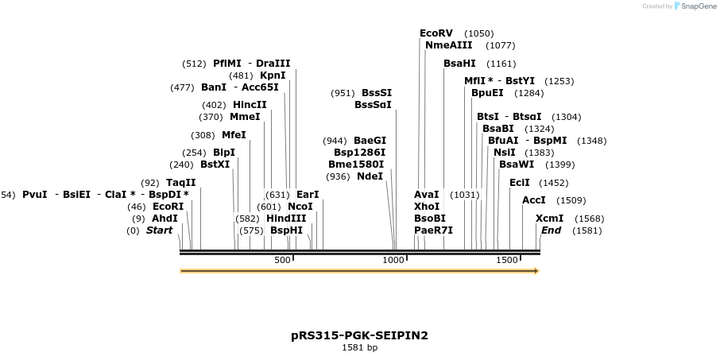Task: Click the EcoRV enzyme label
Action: [x=436, y=33]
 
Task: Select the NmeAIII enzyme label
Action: [x=448, y=45]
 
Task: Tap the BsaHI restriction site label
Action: [x=459, y=63]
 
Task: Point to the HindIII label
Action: [x=285, y=218]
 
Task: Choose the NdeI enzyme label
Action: [x=370, y=176]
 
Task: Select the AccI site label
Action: [x=533, y=200]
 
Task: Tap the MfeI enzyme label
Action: [x=234, y=135]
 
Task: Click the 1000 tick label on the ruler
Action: [x=394, y=261]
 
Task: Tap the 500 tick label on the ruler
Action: [x=282, y=261]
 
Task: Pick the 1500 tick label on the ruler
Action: [x=507, y=261]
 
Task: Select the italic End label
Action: [x=551, y=230]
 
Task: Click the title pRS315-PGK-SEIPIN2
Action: [x=359, y=335]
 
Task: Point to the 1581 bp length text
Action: [x=359, y=347]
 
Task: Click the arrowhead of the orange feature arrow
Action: [x=537, y=271]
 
